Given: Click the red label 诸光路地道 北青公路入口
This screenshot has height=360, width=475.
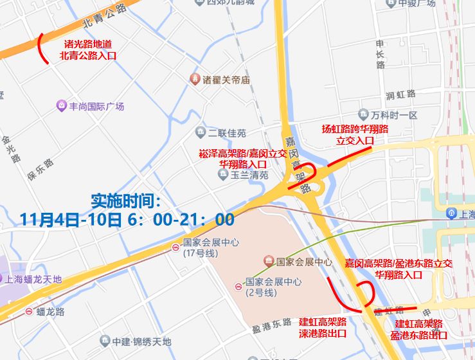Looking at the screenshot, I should [x=88, y=50].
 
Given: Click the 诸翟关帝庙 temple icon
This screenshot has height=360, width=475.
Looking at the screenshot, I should [x=195, y=79].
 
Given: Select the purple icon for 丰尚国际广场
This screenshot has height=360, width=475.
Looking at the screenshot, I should [x=61, y=105].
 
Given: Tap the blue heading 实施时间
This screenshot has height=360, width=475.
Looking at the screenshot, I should [x=125, y=199].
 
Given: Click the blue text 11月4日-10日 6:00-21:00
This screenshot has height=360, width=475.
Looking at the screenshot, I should [x=127, y=220].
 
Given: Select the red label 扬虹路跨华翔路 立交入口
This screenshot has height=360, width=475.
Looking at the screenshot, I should [x=355, y=134].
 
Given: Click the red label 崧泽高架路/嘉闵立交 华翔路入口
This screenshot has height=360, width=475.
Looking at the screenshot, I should [x=242, y=158].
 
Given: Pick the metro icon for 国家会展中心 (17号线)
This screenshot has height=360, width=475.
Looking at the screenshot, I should [x=176, y=248].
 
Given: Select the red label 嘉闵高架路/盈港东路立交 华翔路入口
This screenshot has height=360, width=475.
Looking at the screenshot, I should [x=398, y=269].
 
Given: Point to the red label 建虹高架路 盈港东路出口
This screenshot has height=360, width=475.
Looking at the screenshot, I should [x=419, y=329].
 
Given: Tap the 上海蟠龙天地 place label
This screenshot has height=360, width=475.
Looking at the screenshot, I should [x=32, y=279].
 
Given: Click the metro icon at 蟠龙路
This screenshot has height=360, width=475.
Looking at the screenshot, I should [x=29, y=312].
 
